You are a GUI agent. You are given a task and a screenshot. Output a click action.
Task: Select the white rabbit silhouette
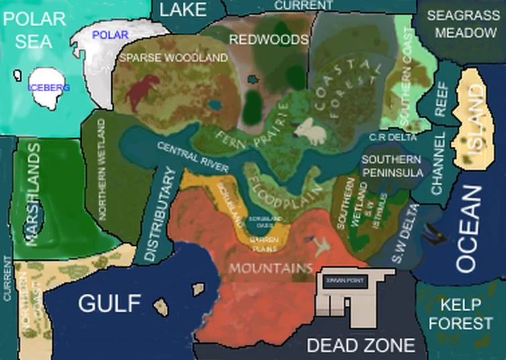tap(310, 129)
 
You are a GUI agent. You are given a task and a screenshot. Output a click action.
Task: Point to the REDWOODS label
tap(268, 40)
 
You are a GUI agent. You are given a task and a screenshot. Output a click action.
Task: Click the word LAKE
tap(183, 9)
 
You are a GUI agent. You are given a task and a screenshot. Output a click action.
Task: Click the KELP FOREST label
tap(460, 314)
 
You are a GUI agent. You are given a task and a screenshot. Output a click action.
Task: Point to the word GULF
tap(109, 303)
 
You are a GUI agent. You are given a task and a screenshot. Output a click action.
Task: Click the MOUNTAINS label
tap(271, 268)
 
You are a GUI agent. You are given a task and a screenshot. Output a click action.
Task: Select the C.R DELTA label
tap(393, 137)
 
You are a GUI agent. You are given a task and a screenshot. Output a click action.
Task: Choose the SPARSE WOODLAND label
tap(174, 58)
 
